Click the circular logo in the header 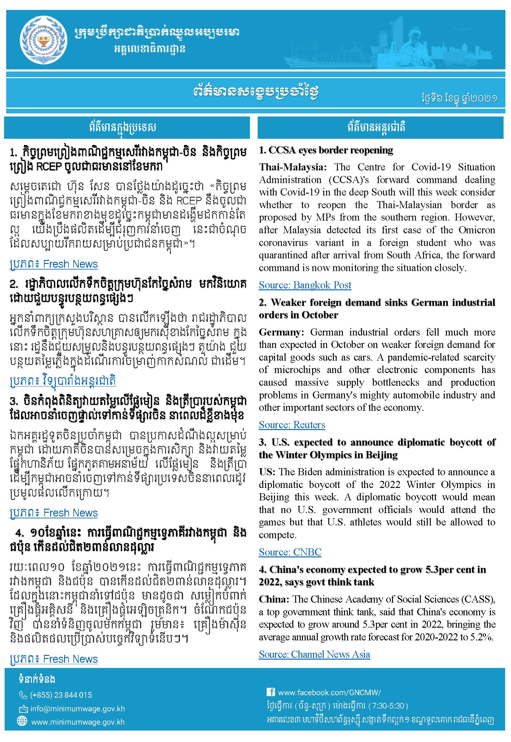43,40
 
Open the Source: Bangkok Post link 305,285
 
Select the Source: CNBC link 290,552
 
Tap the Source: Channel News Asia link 314,654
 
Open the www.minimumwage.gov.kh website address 78,722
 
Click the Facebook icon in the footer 271,692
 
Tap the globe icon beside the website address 22,722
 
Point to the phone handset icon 23,695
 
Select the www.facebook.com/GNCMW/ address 330,692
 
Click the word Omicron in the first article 476,230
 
